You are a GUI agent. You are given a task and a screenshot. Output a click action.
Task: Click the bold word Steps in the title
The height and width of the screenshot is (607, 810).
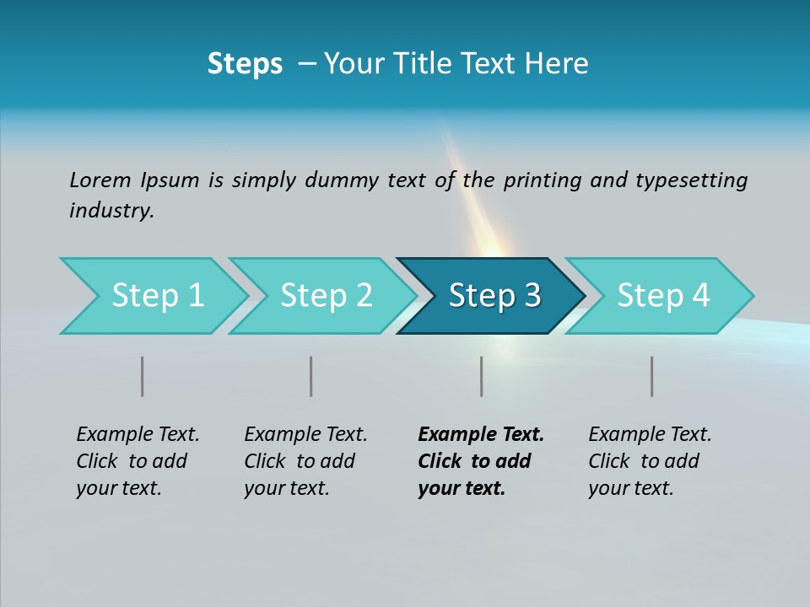click(245, 64)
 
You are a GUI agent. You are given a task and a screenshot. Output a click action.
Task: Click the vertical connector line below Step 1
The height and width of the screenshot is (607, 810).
click(143, 376)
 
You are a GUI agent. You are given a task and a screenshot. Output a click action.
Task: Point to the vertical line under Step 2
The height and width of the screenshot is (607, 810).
click(311, 376)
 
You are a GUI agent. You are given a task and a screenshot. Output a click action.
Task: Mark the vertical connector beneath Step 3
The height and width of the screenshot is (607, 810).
click(482, 376)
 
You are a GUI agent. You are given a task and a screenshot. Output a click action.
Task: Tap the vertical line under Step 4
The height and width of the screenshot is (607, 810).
click(652, 376)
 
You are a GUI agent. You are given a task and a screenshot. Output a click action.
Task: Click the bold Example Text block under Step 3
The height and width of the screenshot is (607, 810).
click(481, 461)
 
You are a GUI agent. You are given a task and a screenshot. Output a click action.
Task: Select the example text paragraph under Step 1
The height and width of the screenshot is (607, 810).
click(138, 461)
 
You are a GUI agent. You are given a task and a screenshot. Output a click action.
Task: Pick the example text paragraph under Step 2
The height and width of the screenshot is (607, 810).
click(305, 461)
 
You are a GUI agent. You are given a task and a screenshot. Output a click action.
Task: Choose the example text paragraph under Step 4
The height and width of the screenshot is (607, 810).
click(650, 461)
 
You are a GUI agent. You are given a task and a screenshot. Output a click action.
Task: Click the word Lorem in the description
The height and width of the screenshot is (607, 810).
click(100, 180)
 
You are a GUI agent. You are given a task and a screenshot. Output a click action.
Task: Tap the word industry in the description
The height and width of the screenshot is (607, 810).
click(111, 211)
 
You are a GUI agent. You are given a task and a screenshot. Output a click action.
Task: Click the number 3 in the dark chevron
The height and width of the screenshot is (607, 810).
click(532, 296)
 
